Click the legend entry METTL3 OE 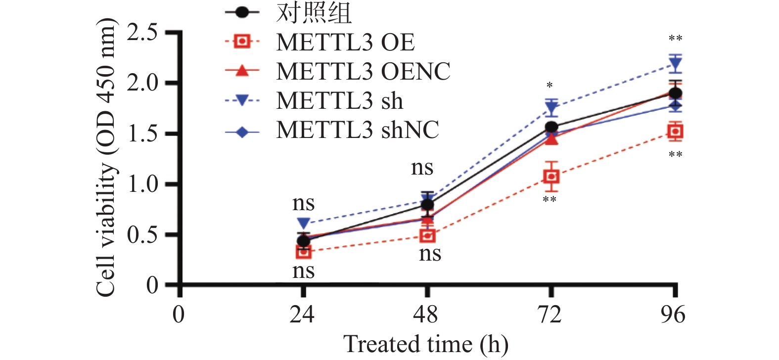coord(345,43)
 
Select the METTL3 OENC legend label coord(363,71)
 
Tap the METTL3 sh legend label coord(339,101)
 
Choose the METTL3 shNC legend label coord(357,130)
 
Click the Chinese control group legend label coord(314,13)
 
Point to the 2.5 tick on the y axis coord(142,33)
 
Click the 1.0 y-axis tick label coord(142,185)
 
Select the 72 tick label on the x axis coord(550,315)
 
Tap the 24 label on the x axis coord(302,315)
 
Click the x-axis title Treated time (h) coord(426,344)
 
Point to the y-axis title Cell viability coord(106,158)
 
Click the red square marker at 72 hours coord(551,177)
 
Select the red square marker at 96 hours coord(675,131)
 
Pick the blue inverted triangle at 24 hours coord(304,224)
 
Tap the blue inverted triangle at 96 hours coord(675,64)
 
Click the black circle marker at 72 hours coord(551,127)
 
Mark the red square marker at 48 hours coord(427,235)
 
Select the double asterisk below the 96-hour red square coord(675,155)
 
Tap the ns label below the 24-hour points coord(303,271)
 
